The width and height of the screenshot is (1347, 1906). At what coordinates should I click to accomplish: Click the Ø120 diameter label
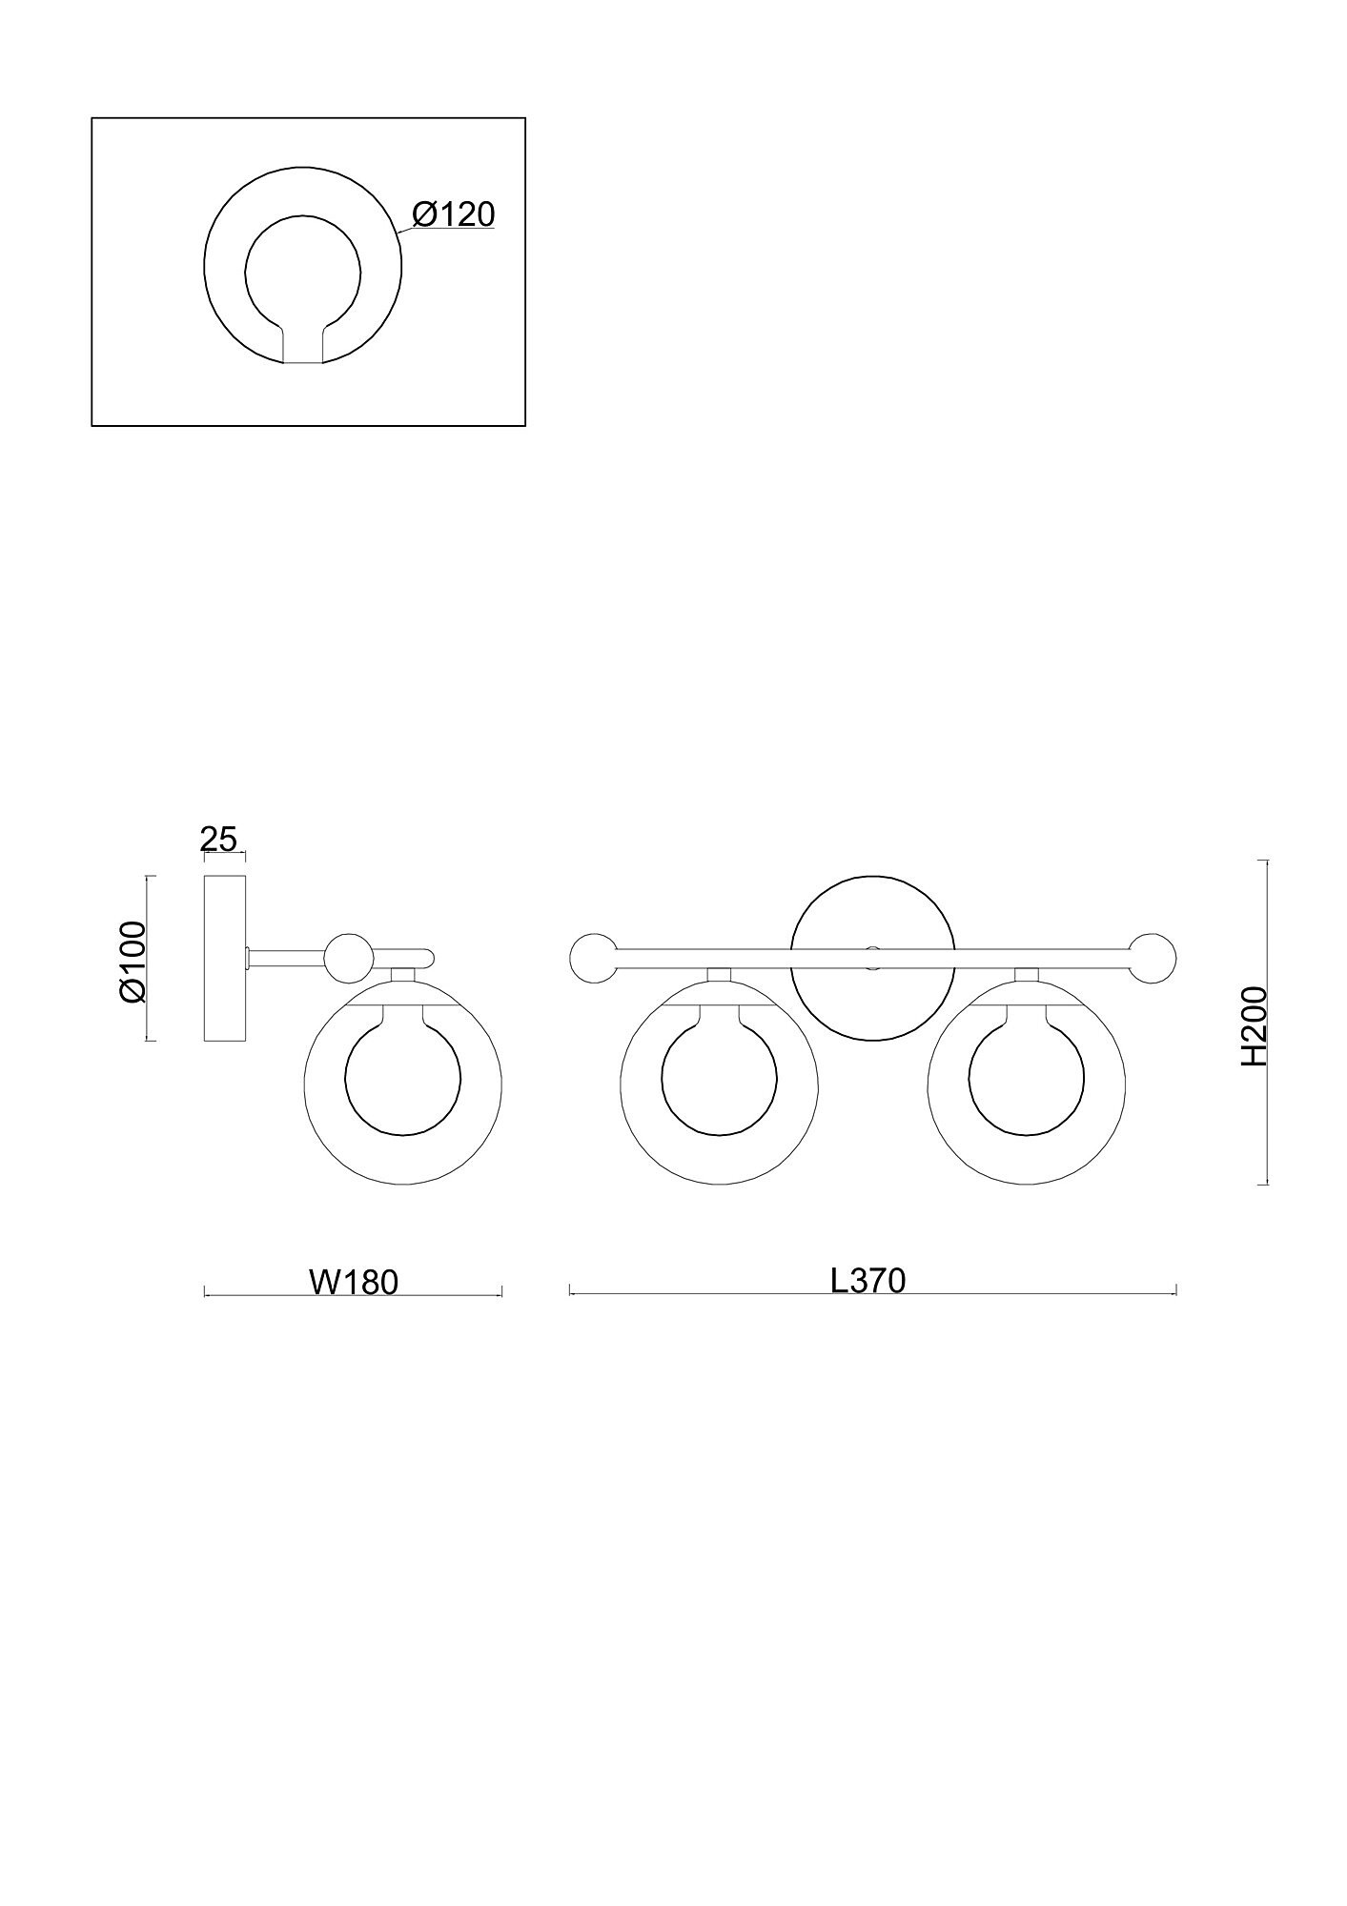pyautogui.click(x=454, y=214)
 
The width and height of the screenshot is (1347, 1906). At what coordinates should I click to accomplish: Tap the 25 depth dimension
pyautogui.click(x=218, y=840)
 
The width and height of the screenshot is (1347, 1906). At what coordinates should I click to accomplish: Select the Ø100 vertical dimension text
pyautogui.click(x=132, y=961)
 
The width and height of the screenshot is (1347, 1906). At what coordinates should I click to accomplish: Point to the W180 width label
pyautogui.click(x=353, y=1282)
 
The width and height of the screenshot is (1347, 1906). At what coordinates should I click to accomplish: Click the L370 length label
pyautogui.click(x=867, y=1280)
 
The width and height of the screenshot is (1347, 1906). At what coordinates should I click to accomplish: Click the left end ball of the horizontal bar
pyautogui.click(x=593, y=959)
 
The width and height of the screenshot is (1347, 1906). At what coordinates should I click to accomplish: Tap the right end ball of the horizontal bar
pyautogui.click(x=1153, y=959)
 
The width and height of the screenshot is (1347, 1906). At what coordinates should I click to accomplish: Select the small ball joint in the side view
pyautogui.click(x=348, y=959)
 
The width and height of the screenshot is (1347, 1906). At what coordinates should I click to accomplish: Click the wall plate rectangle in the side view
pyautogui.click(x=225, y=958)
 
